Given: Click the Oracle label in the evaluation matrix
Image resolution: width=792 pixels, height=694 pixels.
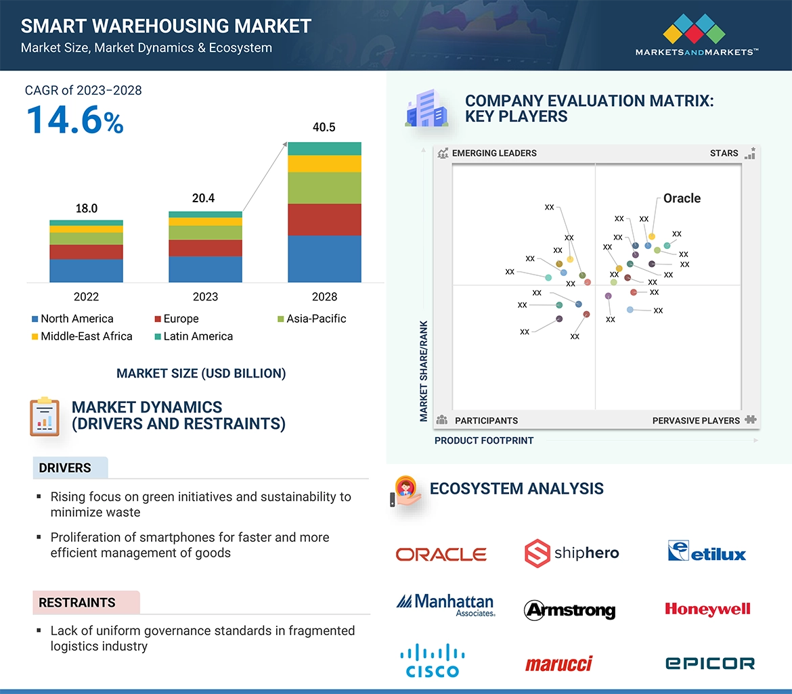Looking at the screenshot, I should pos(682,198).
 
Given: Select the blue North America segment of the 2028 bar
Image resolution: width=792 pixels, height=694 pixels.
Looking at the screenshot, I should pos(324,258).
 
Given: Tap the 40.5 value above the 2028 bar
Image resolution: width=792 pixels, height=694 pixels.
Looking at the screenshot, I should pos(324,127).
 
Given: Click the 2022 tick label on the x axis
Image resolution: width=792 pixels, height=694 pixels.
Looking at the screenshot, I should pos(86,296).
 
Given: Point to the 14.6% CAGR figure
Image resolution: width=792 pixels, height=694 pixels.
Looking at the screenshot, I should pos(74,120).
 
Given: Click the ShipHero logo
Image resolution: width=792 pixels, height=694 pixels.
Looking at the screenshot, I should pos(572,553).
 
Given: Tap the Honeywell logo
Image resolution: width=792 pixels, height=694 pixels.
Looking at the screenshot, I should pos(707,609).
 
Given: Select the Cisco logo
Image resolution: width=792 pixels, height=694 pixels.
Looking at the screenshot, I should pos(433,661).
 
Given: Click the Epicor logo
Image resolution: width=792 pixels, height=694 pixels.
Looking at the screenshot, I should pos(709,664).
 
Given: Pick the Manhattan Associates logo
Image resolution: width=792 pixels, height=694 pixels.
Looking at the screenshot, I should pos(445,604).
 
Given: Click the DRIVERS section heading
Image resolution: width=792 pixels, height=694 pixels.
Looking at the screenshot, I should pos(65,468).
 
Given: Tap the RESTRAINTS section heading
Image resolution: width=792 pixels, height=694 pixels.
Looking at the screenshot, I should pos(77,603).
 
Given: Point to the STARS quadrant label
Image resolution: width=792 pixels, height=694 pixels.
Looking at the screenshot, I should pos(724,153).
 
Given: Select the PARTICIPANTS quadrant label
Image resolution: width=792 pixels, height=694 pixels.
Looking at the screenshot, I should pos(486,421).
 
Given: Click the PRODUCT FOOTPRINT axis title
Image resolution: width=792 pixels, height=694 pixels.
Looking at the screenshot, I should pos(484,440).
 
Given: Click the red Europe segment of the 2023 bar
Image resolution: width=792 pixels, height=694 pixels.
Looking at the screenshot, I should pos(205,248).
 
